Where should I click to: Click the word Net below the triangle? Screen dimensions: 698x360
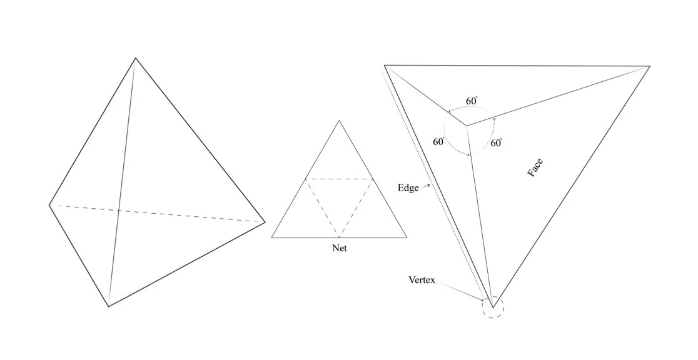339,248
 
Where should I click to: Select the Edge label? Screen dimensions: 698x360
408,187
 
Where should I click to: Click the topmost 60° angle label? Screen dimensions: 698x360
472,101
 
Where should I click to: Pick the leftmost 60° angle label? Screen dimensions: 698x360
438,142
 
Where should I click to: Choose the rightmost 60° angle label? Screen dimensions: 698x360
496,143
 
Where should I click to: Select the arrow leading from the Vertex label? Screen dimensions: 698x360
462,291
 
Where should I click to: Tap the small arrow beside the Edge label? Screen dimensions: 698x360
427,186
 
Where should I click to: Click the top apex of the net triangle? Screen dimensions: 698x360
339,121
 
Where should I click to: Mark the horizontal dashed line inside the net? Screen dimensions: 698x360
339,179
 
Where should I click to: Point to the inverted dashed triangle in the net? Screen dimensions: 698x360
339,200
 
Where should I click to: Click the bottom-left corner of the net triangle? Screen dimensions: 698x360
272,237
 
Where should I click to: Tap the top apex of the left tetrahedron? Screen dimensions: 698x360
135,59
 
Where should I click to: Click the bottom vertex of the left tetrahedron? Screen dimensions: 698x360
109,306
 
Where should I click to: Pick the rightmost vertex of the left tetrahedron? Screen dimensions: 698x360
265,221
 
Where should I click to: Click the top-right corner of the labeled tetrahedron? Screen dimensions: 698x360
649,66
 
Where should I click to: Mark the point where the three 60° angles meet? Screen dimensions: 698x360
466,126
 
